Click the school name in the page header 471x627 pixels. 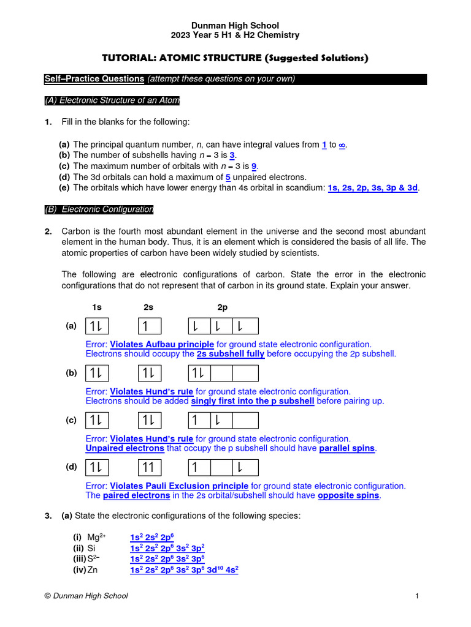[x=235, y=26]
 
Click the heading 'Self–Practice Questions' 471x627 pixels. [x=94, y=79]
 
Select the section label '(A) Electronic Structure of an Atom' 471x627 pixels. [x=112, y=100]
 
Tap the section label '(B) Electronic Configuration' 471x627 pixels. [x=99, y=209]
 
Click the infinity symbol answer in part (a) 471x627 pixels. [x=342, y=145]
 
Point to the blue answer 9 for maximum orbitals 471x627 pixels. [x=254, y=166]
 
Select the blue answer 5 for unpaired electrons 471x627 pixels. [x=228, y=177]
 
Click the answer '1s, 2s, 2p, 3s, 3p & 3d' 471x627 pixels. [x=373, y=188]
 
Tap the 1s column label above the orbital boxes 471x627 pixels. [x=97, y=307]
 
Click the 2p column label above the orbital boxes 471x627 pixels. [x=222, y=307]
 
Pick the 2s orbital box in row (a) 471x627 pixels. [x=148, y=326]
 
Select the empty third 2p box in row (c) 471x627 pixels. [x=246, y=421]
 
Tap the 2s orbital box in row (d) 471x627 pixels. [x=148, y=468]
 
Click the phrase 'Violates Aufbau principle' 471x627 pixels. [x=162, y=344]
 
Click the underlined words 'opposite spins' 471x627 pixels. [x=349, y=495]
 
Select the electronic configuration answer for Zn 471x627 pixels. [x=184, y=569]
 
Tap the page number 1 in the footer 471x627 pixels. [x=416, y=596]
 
